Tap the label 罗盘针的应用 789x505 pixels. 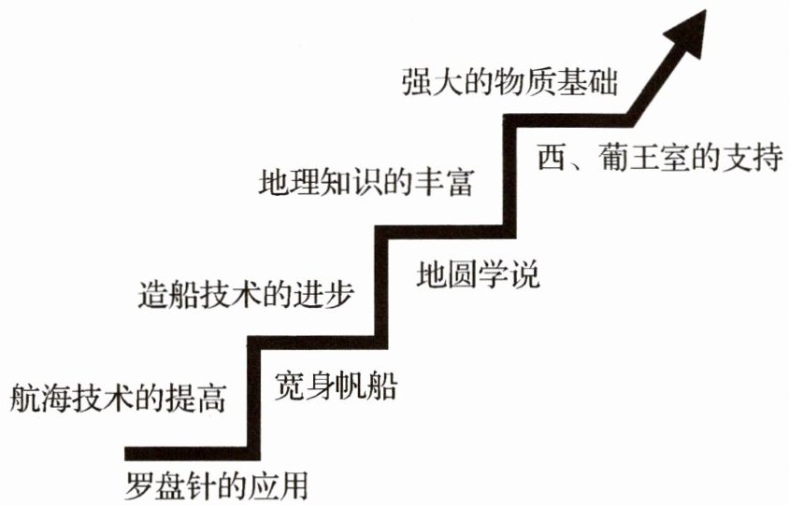[217, 486]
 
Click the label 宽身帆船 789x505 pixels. [335, 384]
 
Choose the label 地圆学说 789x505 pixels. [479, 275]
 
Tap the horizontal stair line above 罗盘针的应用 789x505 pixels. [187, 455]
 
